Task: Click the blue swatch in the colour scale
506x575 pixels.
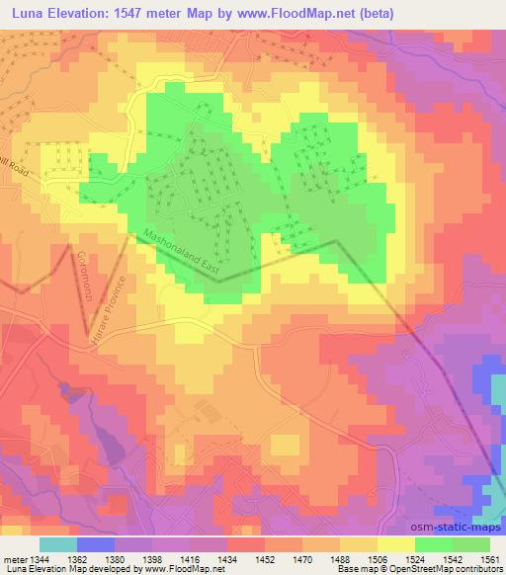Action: coord(95,544)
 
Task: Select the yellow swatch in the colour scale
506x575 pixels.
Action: coord(395,544)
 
